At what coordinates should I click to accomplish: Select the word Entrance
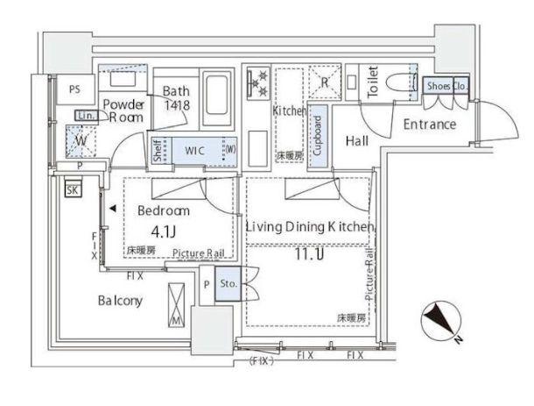click(429, 125)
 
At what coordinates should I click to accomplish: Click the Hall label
click(356, 141)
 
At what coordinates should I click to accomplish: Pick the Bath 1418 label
click(179, 96)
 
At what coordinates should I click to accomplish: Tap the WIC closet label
click(194, 151)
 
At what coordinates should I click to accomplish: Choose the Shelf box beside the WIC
click(158, 152)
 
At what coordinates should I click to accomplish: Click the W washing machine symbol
click(81, 139)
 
